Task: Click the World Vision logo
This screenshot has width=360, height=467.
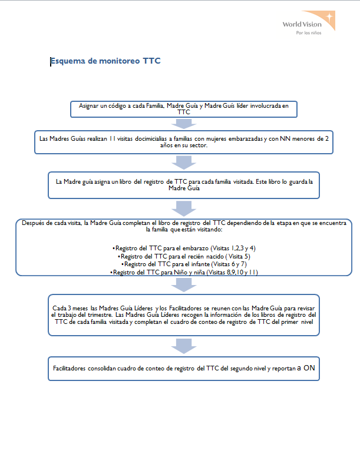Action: (309, 23)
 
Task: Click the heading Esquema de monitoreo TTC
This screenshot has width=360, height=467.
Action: (105, 61)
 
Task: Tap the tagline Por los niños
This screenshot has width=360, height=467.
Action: (309, 33)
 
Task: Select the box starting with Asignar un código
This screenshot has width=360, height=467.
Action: (184, 109)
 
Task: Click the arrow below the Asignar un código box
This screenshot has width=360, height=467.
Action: (184, 124)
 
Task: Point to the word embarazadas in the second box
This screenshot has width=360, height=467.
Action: (246, 139)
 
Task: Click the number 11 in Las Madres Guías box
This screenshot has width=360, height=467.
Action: (112, 138)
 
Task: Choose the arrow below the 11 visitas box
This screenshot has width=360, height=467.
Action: (184, 163)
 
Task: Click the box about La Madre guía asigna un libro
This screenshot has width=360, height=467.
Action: (184, 185)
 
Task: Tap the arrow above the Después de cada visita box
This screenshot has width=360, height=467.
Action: (184, 208)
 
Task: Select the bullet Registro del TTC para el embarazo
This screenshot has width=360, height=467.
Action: (184, 248)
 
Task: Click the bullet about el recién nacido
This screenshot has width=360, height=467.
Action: (184, 256)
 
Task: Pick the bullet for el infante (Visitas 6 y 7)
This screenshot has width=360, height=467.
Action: (184, 264)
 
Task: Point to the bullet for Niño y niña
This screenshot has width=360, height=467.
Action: (184, 272)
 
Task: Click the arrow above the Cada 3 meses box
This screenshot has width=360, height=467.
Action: (184, 284)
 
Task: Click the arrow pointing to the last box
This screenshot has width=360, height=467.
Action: (184, 346)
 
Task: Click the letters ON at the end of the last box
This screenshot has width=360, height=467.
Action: (309, 368)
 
